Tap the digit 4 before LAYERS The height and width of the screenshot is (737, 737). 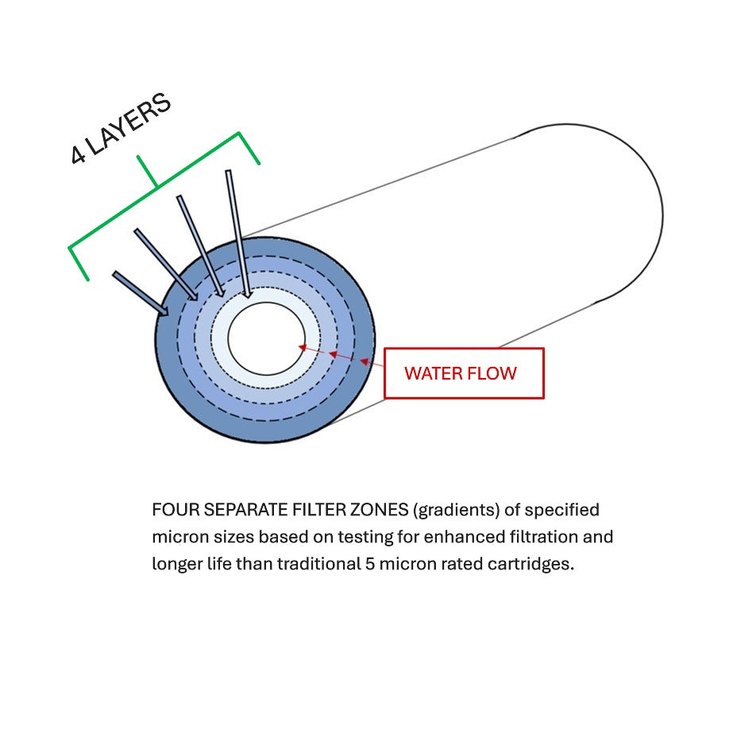tap(78, 155)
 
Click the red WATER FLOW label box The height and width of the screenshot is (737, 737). tap(464, 373)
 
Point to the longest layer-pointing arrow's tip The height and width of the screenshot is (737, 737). tap(248, 298)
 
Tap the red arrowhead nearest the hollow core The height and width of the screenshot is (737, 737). tap(303, 348)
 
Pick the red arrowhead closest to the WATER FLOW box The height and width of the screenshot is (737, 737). tap(365, 361)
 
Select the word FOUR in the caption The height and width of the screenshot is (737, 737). tap(176, 510)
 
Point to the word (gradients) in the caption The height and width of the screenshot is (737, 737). tap(457, 511)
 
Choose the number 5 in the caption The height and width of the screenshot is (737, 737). tap(370, 564)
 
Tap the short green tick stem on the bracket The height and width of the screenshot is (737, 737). tap(147, 171)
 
